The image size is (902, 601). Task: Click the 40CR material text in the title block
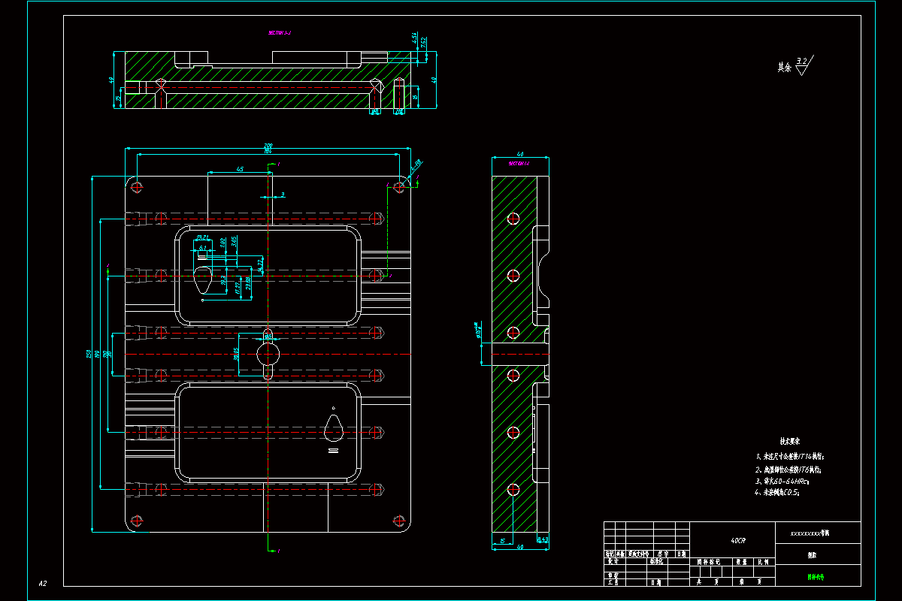tap(738, 540)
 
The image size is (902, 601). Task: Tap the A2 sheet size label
tap(43, 583)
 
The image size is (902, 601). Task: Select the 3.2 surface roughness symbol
tap(804, 66)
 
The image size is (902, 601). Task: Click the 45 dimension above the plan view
tap(240, 170)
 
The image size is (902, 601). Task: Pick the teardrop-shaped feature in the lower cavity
tap(333, 428)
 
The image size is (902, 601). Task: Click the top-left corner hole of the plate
tap(136, 186)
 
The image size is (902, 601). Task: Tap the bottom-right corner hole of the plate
tap(398, 520)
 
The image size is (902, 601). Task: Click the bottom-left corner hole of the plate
tap(136, 520)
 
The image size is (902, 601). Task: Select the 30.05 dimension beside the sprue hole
tap(237, 353)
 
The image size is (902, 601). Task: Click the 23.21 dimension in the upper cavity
tap(201, 237)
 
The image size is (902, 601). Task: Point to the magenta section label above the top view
tap(280, 33)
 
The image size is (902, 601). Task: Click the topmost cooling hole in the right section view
tap(513, 219)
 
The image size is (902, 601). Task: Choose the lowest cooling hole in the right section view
tap(513, 490)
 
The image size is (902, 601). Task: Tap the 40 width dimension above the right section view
tap(520, 154)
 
